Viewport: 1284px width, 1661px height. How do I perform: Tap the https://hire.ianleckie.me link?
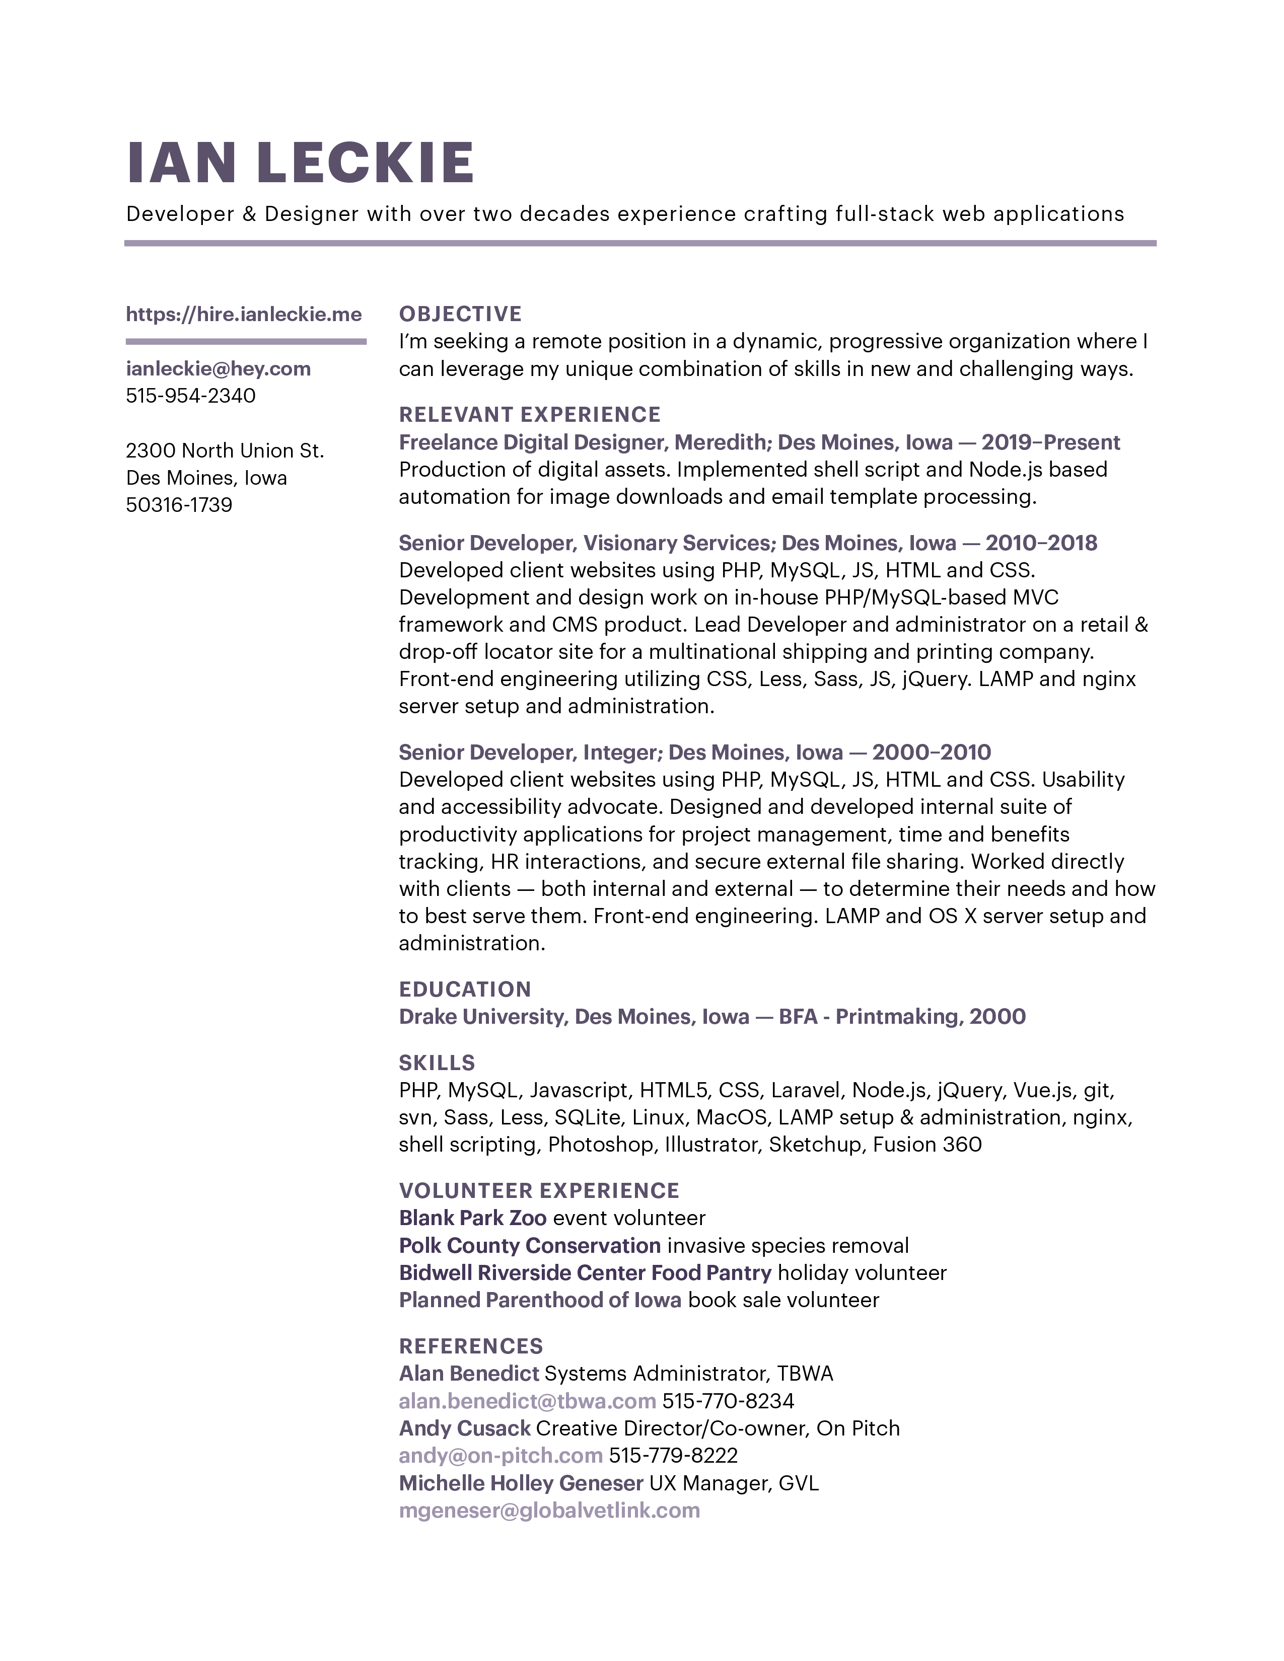click(243, 314)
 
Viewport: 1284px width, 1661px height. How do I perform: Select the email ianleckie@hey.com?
click(219, 369)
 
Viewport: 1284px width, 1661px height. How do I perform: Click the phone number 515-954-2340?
click(190, 396)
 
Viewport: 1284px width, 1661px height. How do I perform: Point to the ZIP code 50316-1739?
click(179, 505)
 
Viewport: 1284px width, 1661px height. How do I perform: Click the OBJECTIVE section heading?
click(460, 314)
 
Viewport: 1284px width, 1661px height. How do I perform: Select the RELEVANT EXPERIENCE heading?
click(529, 414)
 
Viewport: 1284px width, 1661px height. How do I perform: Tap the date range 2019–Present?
click(1050, 442)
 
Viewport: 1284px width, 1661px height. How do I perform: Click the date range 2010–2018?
click(1041, 543)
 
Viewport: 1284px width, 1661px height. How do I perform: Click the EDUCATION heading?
click(465, 990)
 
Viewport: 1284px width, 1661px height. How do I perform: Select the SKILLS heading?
click(437, 1063)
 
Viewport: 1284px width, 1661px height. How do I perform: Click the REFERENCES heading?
click(471, 1346)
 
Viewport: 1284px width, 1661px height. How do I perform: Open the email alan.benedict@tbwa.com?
click(527, 1401)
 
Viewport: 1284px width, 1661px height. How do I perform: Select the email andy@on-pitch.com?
click(501, 1456)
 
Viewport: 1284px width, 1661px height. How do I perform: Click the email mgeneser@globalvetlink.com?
click(549, 1511)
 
